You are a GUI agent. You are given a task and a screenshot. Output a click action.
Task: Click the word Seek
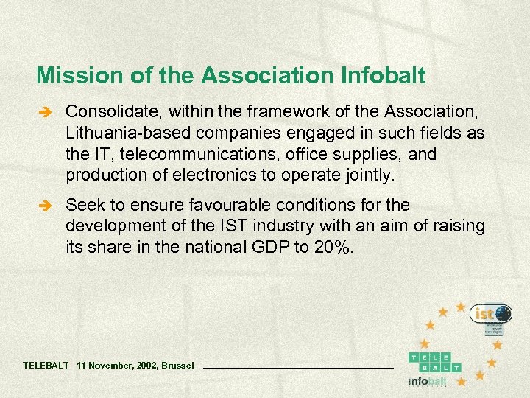[x=82, y=205]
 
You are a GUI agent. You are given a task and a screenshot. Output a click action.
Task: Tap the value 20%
[x=333, y=247]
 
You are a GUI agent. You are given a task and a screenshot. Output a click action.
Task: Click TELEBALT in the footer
[x=46, y=365]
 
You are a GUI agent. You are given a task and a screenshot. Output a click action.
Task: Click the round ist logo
[x=490, y=315]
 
